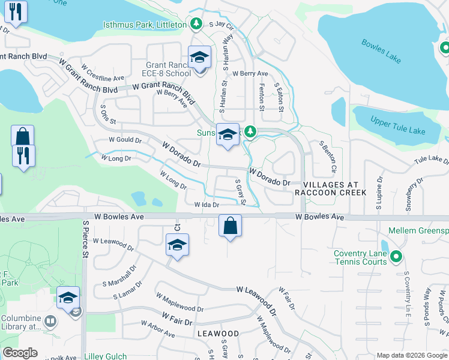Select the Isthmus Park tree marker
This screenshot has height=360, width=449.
point(196,23)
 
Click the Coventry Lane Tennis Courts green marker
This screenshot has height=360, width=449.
point(396,258)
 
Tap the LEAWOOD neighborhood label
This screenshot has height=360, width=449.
point(217,333)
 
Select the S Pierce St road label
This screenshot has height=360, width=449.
point(85,238)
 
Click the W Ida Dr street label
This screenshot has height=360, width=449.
point(206,205)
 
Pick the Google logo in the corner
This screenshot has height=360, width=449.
point(20,353)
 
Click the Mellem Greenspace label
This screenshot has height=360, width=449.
point(418,230)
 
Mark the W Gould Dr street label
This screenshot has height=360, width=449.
point(124,140)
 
